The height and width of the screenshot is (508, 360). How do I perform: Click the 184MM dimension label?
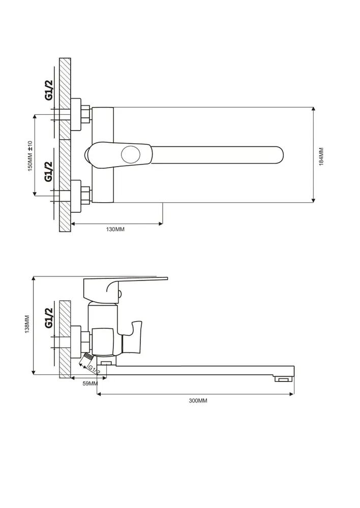pyautogui.click(x=321, y=157)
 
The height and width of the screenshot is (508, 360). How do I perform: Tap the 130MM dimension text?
pyautogui.click(x=115, y=230)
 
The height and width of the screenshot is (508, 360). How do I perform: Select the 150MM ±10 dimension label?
pyautogui.click(x=30, y=155)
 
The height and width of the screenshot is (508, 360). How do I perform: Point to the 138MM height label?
pyautogui.click(x=27, y=324)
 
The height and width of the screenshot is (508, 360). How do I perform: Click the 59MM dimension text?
pyautogui.click(x=90, y=384)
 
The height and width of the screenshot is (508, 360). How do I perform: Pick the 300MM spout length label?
pyautogui.click(x=198, y=401)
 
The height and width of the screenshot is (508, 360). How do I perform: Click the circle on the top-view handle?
pyautogui.click(x=131, y=154)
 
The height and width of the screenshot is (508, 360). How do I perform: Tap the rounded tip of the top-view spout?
pyautogui.click(x=281, y=155)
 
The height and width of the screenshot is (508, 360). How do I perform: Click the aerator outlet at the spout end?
pyautogui.click(x=283, y=378)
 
